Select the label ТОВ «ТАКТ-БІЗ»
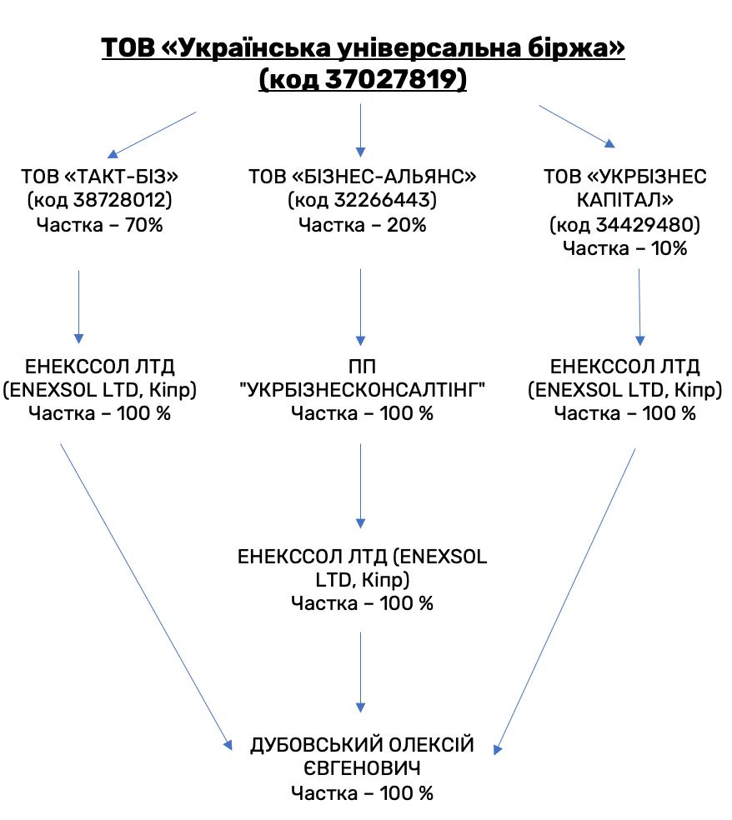click(x=99, y=176)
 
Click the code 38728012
click(x=123, y=200)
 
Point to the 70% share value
click(x=144, y=225)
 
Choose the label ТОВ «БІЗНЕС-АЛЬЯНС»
click(x=362, y=176)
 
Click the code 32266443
click(x=385, y=200)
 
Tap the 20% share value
click(x=407, y=225)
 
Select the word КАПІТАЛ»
click(x=624, y=200)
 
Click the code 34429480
click(x=648, y=225)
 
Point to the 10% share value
click(x=669, y=248)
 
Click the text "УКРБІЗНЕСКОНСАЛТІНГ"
click(x=362, y=390)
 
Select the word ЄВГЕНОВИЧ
click(x=362, y=768)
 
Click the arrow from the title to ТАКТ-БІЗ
click(x=152, y=134)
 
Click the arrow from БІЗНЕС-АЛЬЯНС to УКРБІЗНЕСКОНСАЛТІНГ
click(x=360, y=307)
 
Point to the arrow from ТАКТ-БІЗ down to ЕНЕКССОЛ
click(x=79, y=307)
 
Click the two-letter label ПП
click(x=362, y=367)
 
